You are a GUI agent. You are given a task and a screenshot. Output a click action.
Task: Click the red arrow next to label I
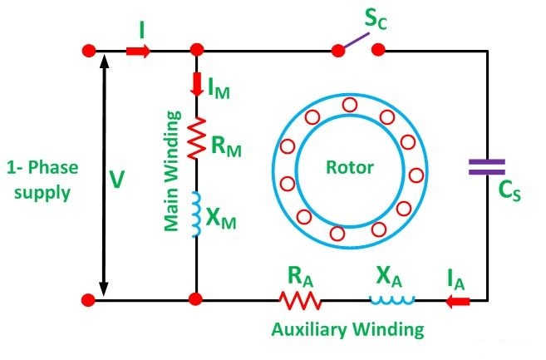click(x=138, y=52)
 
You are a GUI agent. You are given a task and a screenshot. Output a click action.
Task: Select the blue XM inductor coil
click(x=197, y=215)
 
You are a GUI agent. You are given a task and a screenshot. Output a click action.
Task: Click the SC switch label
click(x=376, y=17)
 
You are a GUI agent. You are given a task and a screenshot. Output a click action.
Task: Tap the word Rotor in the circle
click(x=349, y=167)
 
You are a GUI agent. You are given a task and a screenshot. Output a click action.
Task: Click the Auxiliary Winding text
click(x=347, y=329)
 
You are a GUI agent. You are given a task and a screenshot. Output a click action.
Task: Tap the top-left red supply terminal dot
click(x=88, y=51)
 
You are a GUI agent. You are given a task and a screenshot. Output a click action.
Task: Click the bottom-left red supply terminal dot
click(x=88, y=299)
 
